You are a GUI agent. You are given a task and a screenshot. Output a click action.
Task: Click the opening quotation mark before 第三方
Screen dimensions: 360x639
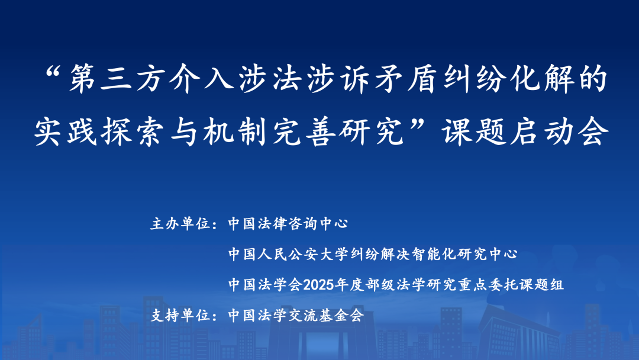coord(57,76)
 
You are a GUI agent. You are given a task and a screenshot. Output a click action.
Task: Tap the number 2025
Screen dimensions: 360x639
coord(319,285)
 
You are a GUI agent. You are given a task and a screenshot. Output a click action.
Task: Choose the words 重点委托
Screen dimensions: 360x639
coord(480,285)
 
